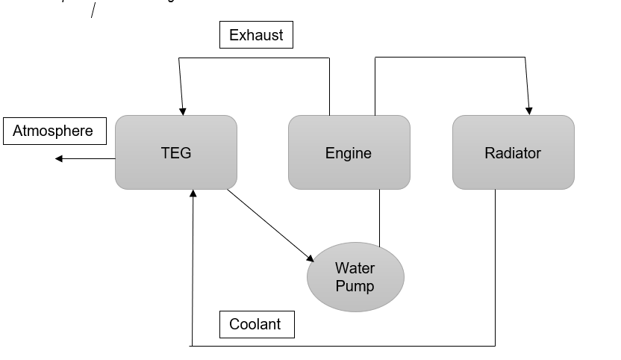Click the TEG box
pyautogui.click(x=176, y=152)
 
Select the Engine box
pyautogui.click(x=349, y=152)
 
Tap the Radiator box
pyautogui.click(x=513, y=152)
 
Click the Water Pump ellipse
pyautogui.click(x=355, y=276)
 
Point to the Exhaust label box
pyautogui.click(x=256, y=35)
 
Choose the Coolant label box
pyautogui.click(x=256, y=324)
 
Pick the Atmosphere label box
pyautogui.click(x=54, y=131)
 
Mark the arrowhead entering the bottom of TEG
pyautogui.click(x=193, y=194)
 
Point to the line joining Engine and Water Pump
pyautogui.click(x=379, y=218)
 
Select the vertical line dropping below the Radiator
pyautogui.click(x=495, y=269)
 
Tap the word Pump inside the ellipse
pyautogui.click(x=355, y=285)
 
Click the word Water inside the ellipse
pyautogui.click(x=355, y=268)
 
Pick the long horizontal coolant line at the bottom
pyautogui.click(x=343, y=346)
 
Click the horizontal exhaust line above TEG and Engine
pyautogui.click(x=254, y=58)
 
